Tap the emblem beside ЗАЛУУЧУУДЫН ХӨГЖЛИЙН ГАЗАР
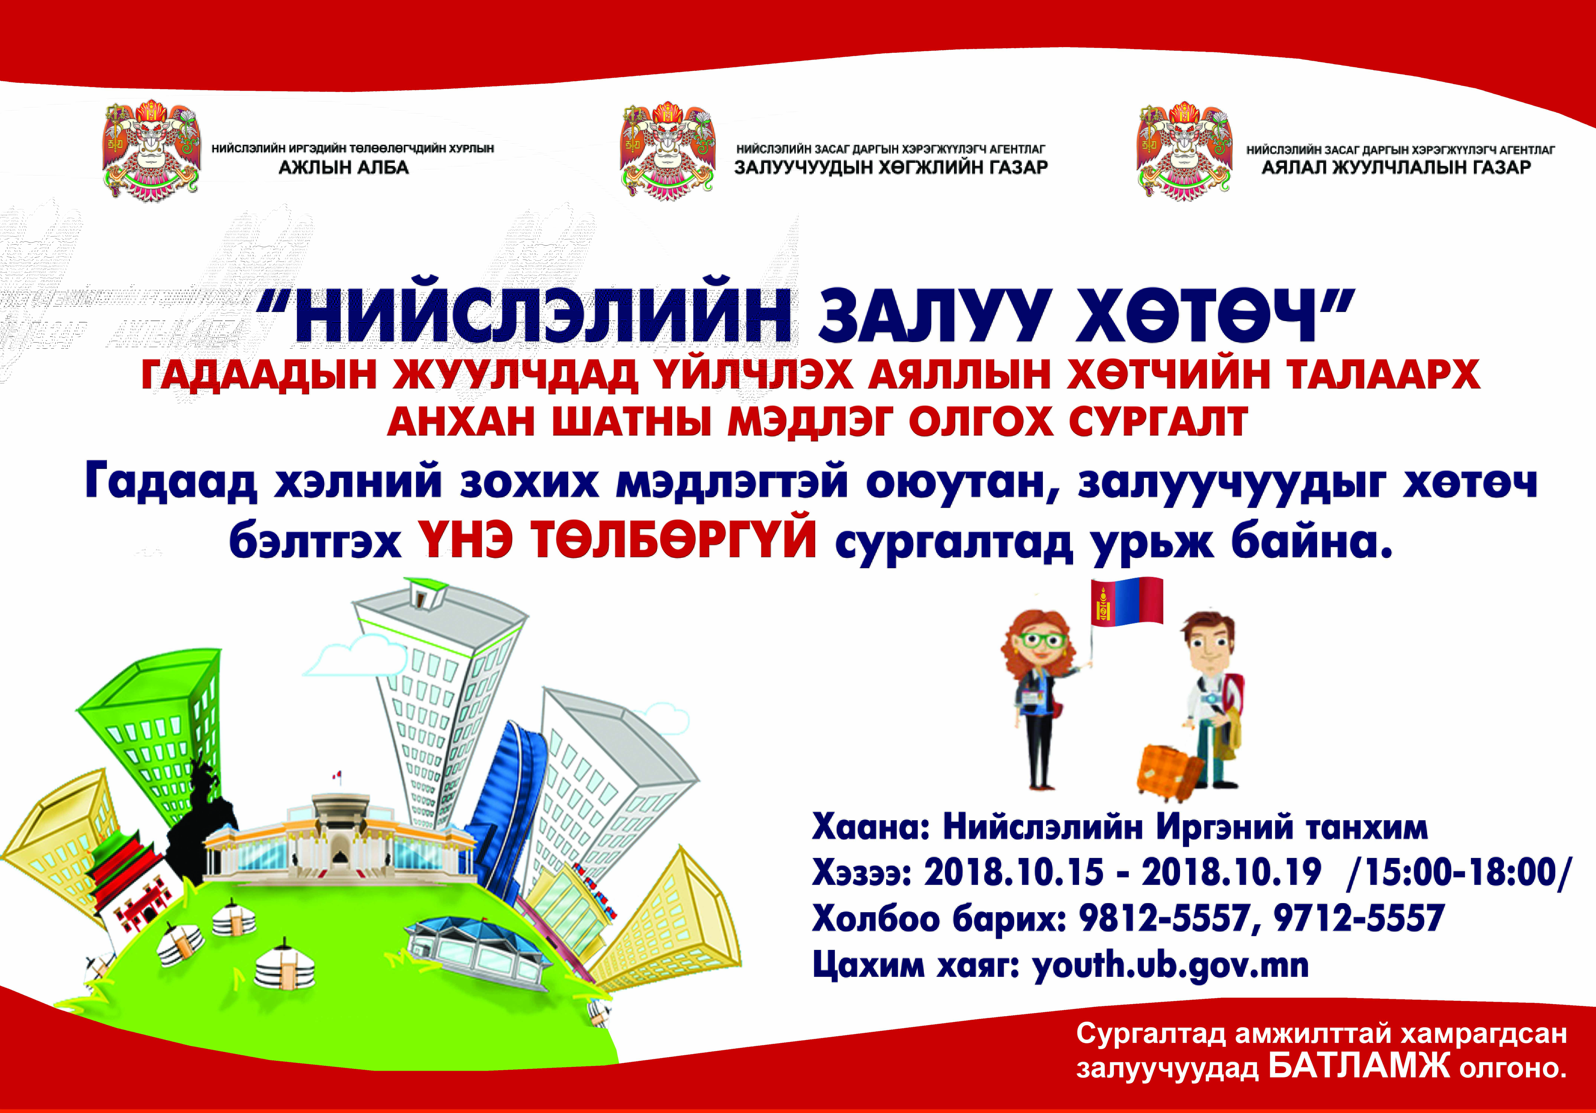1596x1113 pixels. [x=668, y=152]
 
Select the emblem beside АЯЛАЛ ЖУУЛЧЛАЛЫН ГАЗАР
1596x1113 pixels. [x=1185, y=152]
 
